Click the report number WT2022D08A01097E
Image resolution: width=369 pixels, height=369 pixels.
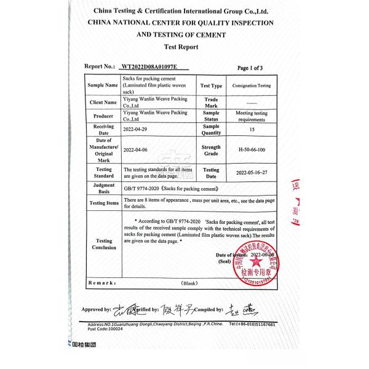pos(150,67)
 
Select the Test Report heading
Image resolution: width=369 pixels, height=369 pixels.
pos(181,47)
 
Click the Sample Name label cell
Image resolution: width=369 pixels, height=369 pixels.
pos(103,85)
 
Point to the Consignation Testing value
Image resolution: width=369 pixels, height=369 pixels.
pos(252,86)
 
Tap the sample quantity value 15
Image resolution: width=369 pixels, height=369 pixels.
pos(251,129)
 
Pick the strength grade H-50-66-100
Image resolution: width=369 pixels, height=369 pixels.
pos(251,149)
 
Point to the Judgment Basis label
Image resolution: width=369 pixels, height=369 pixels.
pos(103,188)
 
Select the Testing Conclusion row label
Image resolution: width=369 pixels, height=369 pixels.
pos(104,244)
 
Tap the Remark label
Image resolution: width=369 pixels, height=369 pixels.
pos(102,284)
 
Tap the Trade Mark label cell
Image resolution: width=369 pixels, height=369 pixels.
pos(211,102)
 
